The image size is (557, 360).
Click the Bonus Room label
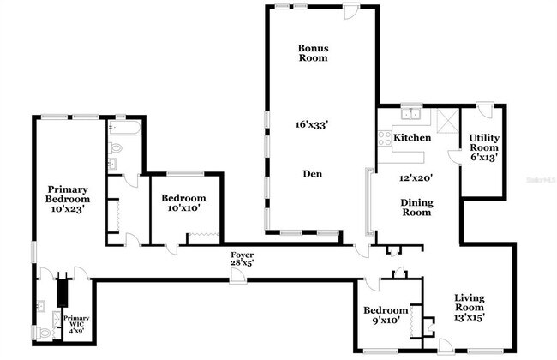click(x=313, y=53)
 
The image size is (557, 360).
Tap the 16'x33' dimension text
click(x=312, y=124)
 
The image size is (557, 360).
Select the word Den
click(x=312, y=173)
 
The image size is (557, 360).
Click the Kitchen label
click(x=411, y=137)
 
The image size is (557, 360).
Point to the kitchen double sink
click(x=410, y=113)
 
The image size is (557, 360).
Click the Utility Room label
click(x=484, y=147)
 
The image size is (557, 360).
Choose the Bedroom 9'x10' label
click(x=385, y=315)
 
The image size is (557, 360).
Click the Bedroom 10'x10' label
click(x=184, y=204)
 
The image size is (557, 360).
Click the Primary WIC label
click(x=75, y=323)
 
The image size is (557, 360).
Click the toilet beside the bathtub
click(x=117, y=147)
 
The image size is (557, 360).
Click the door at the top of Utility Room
click(x=485, y=110)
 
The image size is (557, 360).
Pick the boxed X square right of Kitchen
click(x=446, y=119)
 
